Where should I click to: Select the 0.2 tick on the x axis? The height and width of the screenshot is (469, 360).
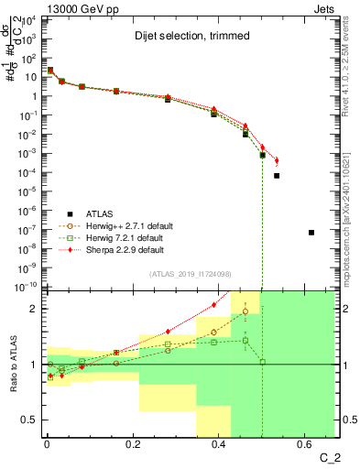point(133,446)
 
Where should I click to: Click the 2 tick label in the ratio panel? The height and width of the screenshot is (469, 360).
point(34,309)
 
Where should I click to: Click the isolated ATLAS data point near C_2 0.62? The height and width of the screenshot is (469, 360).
point(311,233)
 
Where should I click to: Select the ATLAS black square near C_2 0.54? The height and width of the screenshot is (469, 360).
point(277,175)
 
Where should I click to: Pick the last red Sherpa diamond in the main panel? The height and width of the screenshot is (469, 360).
point(277,160)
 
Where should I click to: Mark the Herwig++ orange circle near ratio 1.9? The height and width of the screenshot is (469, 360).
point(245,311)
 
